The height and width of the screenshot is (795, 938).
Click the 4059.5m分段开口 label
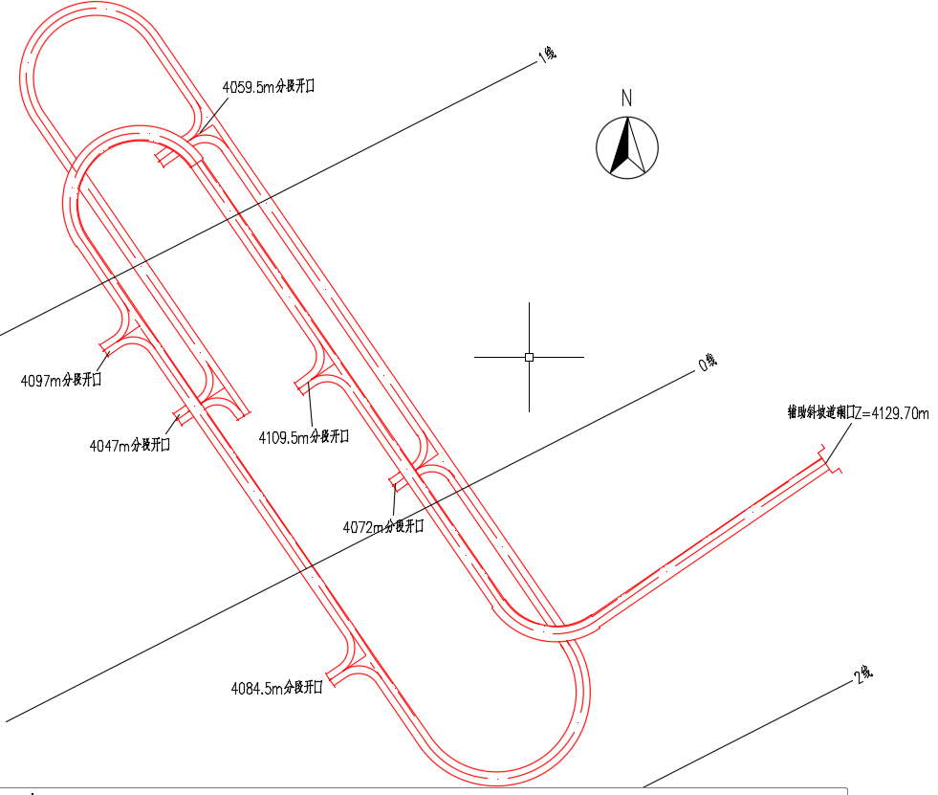(269, 86)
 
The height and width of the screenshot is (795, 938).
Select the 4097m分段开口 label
(61, 380)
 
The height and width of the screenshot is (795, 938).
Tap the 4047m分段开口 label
(130, 445)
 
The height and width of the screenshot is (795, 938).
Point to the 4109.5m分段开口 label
(304, 437)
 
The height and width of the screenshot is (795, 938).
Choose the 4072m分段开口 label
(382, 526)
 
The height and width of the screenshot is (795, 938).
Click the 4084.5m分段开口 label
(276, 688)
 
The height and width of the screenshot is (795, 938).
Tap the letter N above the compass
(626, 98)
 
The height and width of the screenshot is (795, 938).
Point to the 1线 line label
(547, 55)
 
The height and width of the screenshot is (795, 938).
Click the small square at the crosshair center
(529, 357)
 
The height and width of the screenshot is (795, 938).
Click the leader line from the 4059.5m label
(214, 111)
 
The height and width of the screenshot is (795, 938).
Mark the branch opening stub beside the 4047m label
(182, 414)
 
